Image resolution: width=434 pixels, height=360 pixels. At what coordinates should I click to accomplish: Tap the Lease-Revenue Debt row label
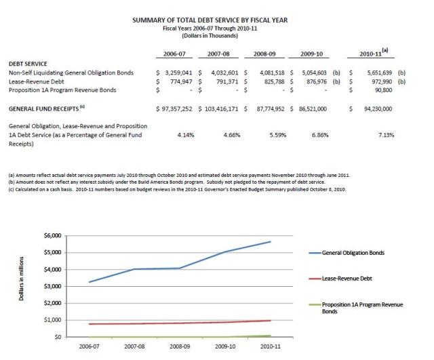[37, 81]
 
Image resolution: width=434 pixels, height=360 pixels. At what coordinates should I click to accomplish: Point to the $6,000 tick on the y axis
[52, 235]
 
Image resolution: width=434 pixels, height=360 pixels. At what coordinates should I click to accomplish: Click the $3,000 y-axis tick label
[52, 286]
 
